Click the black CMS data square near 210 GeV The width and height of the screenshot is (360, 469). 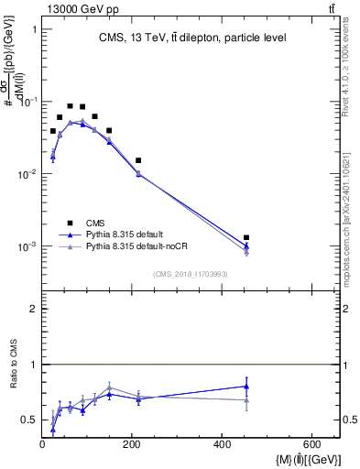coord(138,160)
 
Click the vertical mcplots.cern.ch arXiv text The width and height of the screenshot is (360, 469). coord(350,221)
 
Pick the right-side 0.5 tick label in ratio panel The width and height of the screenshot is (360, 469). coord(349,420)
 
